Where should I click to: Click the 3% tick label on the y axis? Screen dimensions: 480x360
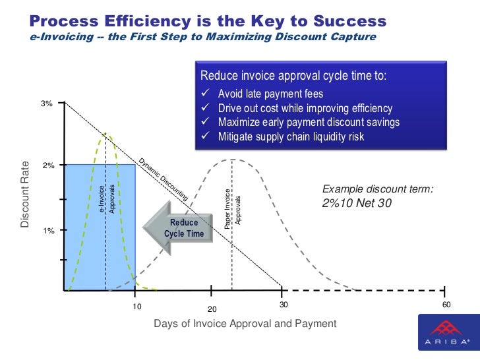[x=47, y=104]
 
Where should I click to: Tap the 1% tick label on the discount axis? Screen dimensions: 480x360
[x=48, y=230]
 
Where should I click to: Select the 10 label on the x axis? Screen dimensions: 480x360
[x=137, y=307]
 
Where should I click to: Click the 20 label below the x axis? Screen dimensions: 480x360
[x=212, y=309]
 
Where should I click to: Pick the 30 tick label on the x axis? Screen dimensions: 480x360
[x=284, y=305]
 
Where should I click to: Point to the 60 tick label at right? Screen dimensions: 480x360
[x=446, y=305]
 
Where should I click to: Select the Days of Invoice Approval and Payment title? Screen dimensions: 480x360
[x=245, y=324]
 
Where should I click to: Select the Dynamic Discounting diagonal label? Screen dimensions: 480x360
[x=163, y=179]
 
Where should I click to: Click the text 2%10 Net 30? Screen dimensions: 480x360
[x=357, y=204]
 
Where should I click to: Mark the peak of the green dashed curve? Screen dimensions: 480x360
[x=105, y=134]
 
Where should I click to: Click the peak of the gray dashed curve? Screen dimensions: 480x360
[x=232, y=159]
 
